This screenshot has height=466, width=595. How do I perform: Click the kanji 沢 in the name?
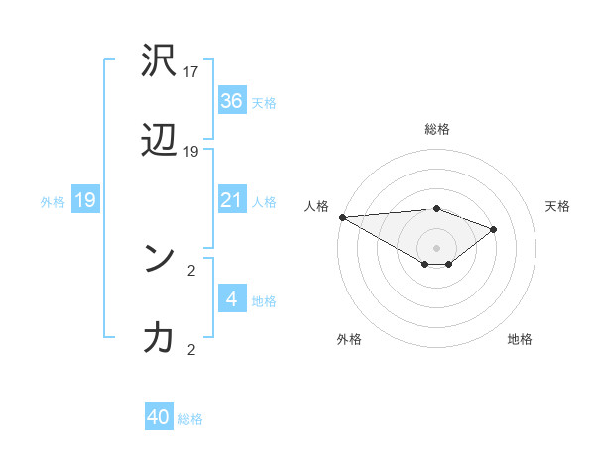point(159,61)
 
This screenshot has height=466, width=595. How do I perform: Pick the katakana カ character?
point(159,337)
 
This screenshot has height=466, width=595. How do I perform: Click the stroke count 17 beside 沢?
point(192,72)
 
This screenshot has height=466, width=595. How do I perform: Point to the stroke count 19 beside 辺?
point(192,152)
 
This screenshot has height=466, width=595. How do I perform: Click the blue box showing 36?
point(232,101)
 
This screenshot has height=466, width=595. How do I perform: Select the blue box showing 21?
point(232,201)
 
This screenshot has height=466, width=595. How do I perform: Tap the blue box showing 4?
point(232,299)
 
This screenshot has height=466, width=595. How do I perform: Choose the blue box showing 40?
point(159,417)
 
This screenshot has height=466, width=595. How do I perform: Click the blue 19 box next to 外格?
point(85,201)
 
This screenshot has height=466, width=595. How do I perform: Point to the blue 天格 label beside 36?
point(264,102)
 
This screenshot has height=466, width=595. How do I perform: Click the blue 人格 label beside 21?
point(264,202)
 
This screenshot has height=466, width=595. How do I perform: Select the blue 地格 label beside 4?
point(264,300)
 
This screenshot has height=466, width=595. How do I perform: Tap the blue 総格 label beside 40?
point(190,418)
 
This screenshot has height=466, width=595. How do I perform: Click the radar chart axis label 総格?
point(437,129)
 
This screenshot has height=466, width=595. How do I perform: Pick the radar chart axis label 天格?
point(558,206)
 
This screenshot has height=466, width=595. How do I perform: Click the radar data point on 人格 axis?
point(342,217)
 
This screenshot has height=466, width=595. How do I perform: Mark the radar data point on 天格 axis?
point(493,229)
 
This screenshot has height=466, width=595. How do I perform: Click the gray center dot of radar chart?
point(437,247)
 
